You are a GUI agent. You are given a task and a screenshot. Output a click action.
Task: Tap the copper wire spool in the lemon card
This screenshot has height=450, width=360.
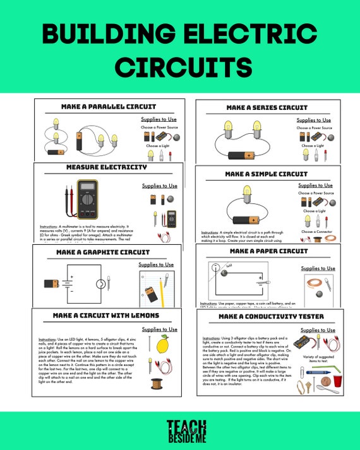[157, 383]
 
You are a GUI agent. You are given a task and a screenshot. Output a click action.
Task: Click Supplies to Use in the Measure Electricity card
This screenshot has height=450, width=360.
[159, 186]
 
